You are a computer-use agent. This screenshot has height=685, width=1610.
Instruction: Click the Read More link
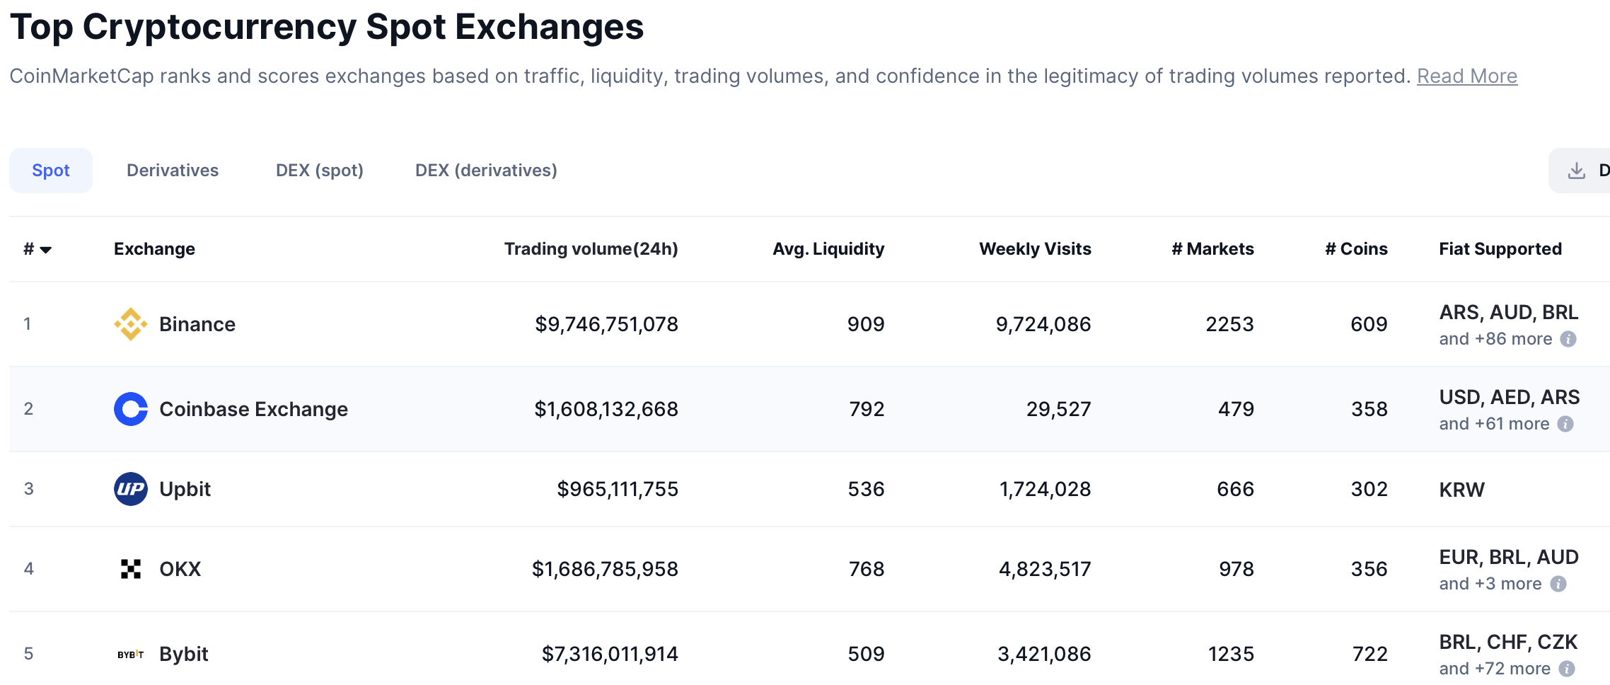[x=1466, y=76]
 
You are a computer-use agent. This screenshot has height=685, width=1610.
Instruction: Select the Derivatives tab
[x=173, y=171]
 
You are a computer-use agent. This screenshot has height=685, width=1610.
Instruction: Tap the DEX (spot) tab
[x=319, y=171]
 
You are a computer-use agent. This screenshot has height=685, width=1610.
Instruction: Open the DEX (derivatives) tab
[x=486, y=171]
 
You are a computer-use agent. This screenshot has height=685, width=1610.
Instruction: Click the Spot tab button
[x=51, y=171]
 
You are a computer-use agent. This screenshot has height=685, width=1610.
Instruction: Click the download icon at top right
[x=1576, y=171]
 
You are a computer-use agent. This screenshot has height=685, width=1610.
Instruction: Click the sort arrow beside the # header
[x=46, y=250]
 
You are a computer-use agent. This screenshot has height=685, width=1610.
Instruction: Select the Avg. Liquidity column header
[x=828, y=249]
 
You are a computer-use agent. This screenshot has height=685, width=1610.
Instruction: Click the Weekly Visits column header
[x=1034, y=249]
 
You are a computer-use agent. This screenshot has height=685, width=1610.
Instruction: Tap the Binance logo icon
[x=131, y=324]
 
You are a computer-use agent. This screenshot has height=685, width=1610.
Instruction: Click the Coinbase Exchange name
[x=253, y=409]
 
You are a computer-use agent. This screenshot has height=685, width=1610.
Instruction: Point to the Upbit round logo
[x=131, y=489]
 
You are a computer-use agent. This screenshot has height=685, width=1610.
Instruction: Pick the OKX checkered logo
[x=131, y=569]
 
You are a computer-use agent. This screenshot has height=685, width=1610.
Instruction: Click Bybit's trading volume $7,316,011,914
[x=609, y=654]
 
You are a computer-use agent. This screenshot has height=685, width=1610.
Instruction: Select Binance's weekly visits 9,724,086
[x=1043, y=324]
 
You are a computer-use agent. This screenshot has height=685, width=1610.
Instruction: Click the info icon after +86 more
[x=1568, y=339]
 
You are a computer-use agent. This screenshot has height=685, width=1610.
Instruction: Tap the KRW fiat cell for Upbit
[x=1461, y=490]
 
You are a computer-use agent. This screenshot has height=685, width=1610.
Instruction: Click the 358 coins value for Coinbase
[x=1369, y=409]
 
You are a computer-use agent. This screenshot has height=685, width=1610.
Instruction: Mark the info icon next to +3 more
[x=1558, y=584]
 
